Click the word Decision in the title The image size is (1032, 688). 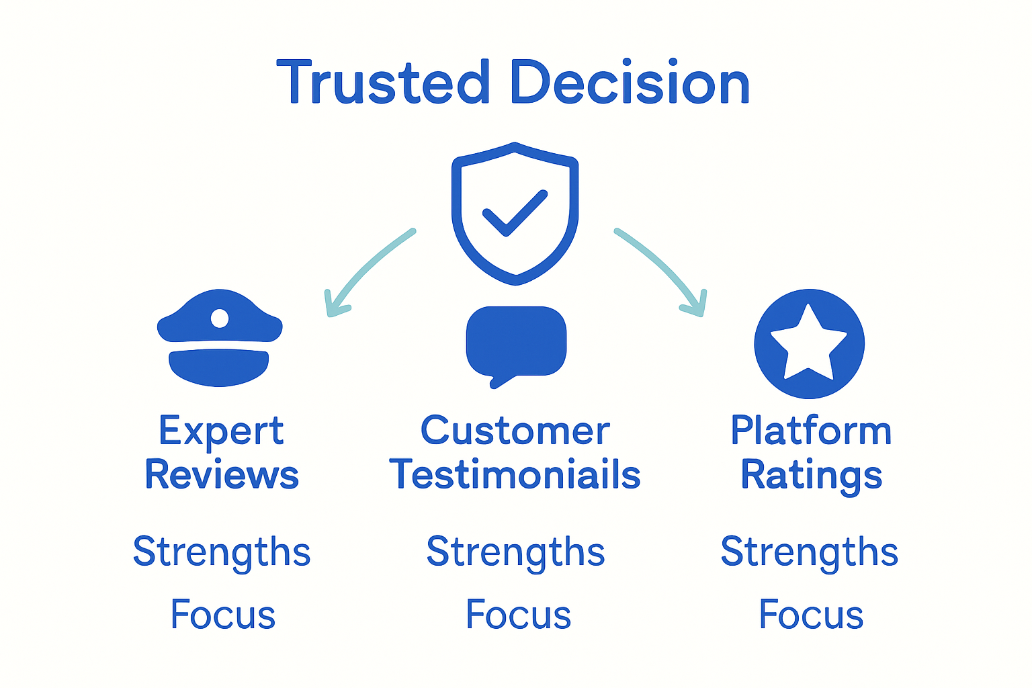coord(630,83)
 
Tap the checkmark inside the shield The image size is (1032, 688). coord(515,212)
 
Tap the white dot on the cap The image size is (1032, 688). coord(220,318)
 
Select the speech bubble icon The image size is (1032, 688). coord(516,343)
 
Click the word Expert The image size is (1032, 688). coord(221,431)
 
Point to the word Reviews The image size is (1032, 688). coord(221,475)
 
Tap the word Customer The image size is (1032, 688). coord(515,431)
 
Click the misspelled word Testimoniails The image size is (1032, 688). coord(515,474)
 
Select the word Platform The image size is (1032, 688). coord(811,431)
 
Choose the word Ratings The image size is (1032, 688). coord(811,476)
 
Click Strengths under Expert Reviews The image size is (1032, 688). coord(222,552)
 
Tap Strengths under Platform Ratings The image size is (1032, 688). coord(809,552)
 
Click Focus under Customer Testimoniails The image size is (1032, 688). coord(518,615)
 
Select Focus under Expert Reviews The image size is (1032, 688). coord(223,615)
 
